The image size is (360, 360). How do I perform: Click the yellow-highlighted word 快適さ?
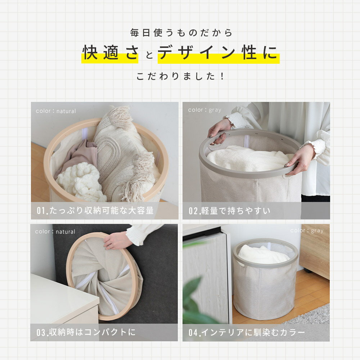(x=111, y=53)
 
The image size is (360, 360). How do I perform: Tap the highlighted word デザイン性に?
(x=218, y=53)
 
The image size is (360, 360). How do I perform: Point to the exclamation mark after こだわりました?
(x=222, y=76)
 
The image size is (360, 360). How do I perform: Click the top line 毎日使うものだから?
(x=181, y=33)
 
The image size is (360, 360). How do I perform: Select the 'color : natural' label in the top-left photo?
(x=56, y=111)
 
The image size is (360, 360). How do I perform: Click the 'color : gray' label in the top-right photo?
(x=204, y=110)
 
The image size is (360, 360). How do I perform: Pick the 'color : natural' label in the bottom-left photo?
(x=55, y=231)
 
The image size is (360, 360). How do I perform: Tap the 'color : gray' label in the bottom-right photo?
(x=307, y=230)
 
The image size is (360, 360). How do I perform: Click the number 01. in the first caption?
(x=42, y=211)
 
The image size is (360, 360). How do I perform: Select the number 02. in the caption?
(x=194, y=211)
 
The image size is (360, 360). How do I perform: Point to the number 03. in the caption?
(x=42, y=332)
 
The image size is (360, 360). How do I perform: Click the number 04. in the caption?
(x=194, y=332)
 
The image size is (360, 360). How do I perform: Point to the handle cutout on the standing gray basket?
(x=242, y=265)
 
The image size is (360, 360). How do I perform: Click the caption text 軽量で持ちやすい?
(x=236, y=211)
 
